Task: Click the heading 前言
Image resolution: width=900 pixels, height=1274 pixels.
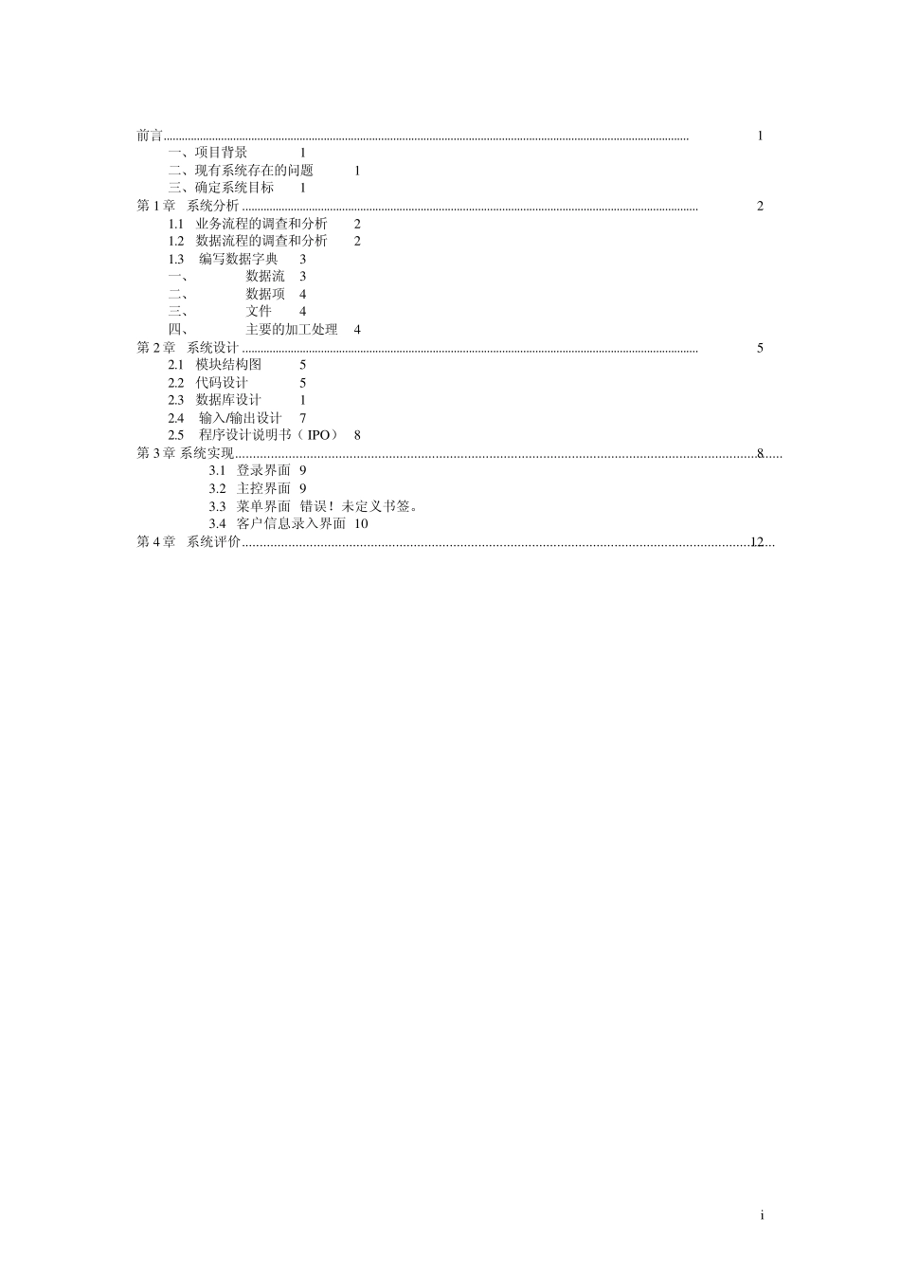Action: pos(150,136)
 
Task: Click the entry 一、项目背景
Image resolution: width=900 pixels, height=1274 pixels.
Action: pos(207,153)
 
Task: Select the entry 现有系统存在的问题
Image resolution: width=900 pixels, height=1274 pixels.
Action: pos(254,171)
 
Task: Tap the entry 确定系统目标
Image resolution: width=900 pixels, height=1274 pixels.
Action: pos(234,188)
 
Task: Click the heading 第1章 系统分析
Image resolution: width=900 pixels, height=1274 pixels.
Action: pos(189,206)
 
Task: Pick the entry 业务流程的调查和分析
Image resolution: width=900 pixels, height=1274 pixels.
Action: pos(261,224)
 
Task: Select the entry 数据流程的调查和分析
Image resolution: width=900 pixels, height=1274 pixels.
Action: pos(261,241)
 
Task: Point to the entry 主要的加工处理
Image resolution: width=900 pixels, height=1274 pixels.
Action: pos(291,329)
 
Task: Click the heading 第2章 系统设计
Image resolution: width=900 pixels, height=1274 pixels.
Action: pos(189,348)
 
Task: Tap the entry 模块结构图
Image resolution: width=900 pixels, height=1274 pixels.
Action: pos(228,365)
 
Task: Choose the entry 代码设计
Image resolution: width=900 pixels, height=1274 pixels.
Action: pos(222,383)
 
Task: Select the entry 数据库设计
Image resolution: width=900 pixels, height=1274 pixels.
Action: pos(228,400)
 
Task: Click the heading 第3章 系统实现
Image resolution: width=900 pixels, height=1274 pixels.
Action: pos(186,453)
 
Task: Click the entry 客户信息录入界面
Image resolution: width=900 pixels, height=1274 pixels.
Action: pos(291,523)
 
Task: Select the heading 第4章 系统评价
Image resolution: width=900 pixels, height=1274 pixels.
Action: pos(189,542)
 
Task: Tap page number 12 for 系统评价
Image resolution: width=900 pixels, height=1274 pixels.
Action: pos(757,542)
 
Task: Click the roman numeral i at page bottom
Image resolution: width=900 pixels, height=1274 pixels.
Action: pos(761,1216)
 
